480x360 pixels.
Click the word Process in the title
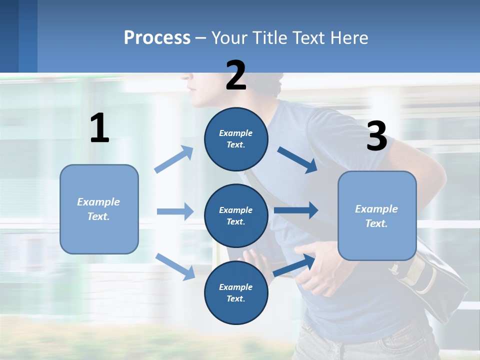tap(157, 37)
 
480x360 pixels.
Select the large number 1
tap(99, 128)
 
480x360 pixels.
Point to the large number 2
tap(236, 75)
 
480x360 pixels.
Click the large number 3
tap(376, 136)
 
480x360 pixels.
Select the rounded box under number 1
tap(99, 209)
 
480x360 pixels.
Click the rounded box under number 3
tap(377, 215)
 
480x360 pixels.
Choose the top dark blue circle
tap(236, 139)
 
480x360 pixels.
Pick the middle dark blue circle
tap(236, 215)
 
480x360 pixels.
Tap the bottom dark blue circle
tap(236, 292)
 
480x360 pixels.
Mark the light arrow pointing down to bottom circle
tap(175, 266)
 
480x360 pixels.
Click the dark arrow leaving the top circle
tap(297, 159)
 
